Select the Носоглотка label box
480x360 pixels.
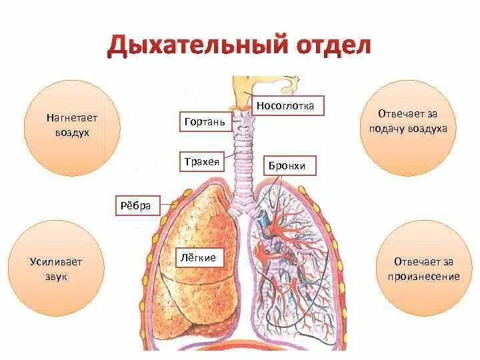[290, 105]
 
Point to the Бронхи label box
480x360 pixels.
[289, 165]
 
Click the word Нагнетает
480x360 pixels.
[72, 117]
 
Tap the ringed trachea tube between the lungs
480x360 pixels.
[239, 167]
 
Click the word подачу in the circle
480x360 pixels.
[387, 128]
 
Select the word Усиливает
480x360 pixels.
[57, 261]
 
